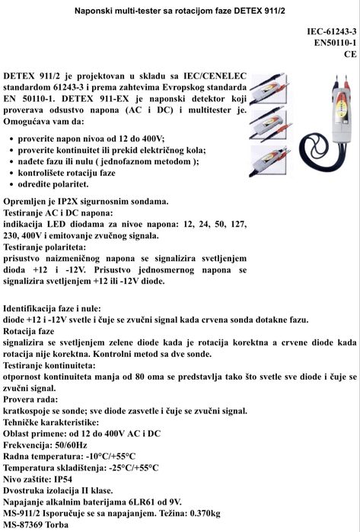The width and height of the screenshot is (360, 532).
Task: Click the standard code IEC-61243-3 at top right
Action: click(332, 32)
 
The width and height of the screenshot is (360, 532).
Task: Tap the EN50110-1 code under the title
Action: click(335, 43)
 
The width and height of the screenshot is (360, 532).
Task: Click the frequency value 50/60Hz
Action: click(78, 444)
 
